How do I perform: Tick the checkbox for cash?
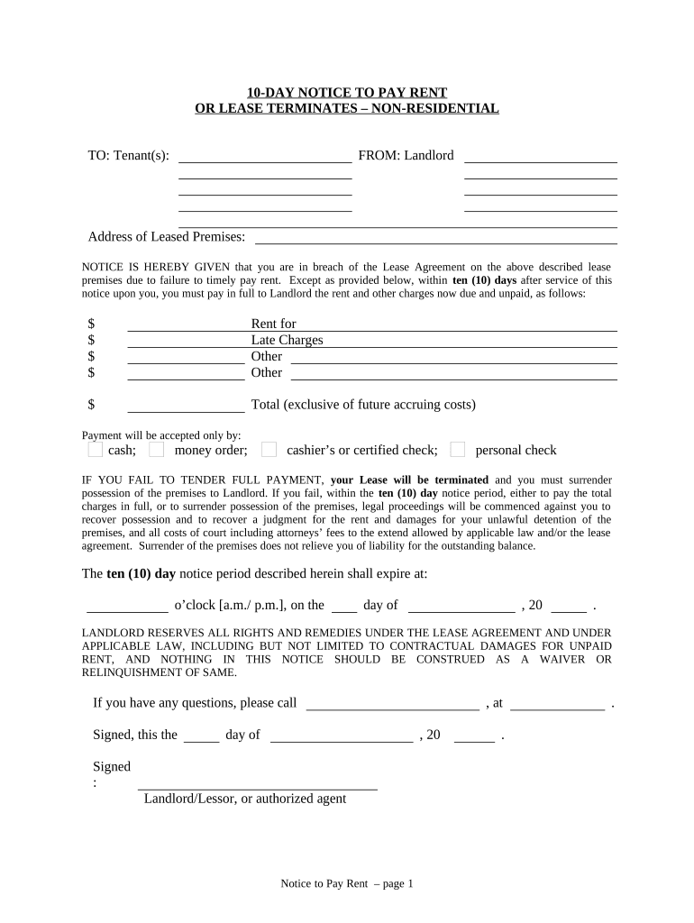tap(96, 450)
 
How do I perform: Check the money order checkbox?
tap(157, 450)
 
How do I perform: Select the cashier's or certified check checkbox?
tap(269, 450)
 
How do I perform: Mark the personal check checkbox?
tap(458, 450)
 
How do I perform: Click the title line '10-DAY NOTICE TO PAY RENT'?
tap(347, 93)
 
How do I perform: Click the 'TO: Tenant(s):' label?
tap(128, 156)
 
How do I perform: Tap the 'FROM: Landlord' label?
tap(406, 156)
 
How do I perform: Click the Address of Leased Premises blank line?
tap(436, 238)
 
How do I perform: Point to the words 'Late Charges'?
tap(287, 341)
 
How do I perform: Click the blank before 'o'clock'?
tap(127, 607)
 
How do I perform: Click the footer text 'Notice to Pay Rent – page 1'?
tap(346, 884)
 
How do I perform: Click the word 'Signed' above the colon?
tap(112, 767)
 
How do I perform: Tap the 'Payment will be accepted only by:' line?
tap(161, 434)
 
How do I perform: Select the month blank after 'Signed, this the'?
tap(342, 736)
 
